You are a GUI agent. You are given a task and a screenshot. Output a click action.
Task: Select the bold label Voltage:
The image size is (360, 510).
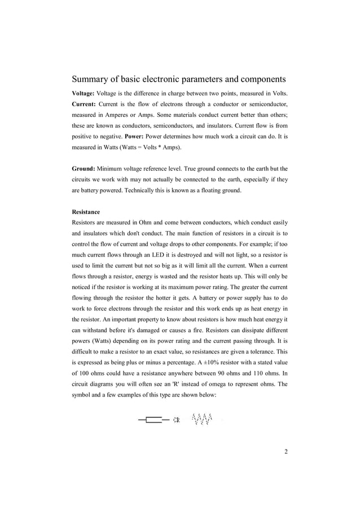[x=84, y=93]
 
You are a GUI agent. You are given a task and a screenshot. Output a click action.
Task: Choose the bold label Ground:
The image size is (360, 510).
[x=84, y=168]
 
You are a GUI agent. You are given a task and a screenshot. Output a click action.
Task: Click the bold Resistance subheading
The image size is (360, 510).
[x=86, y=212]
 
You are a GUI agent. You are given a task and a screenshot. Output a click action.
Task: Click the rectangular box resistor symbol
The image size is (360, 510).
[x=153, y=420]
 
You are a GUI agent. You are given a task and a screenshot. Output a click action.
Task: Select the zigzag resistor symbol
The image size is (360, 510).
[x=202, y=419]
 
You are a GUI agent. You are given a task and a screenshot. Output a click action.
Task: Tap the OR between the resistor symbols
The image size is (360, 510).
[x=176, y=420]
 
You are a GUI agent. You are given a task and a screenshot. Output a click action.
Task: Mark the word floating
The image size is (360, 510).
[x=214, y=190]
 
